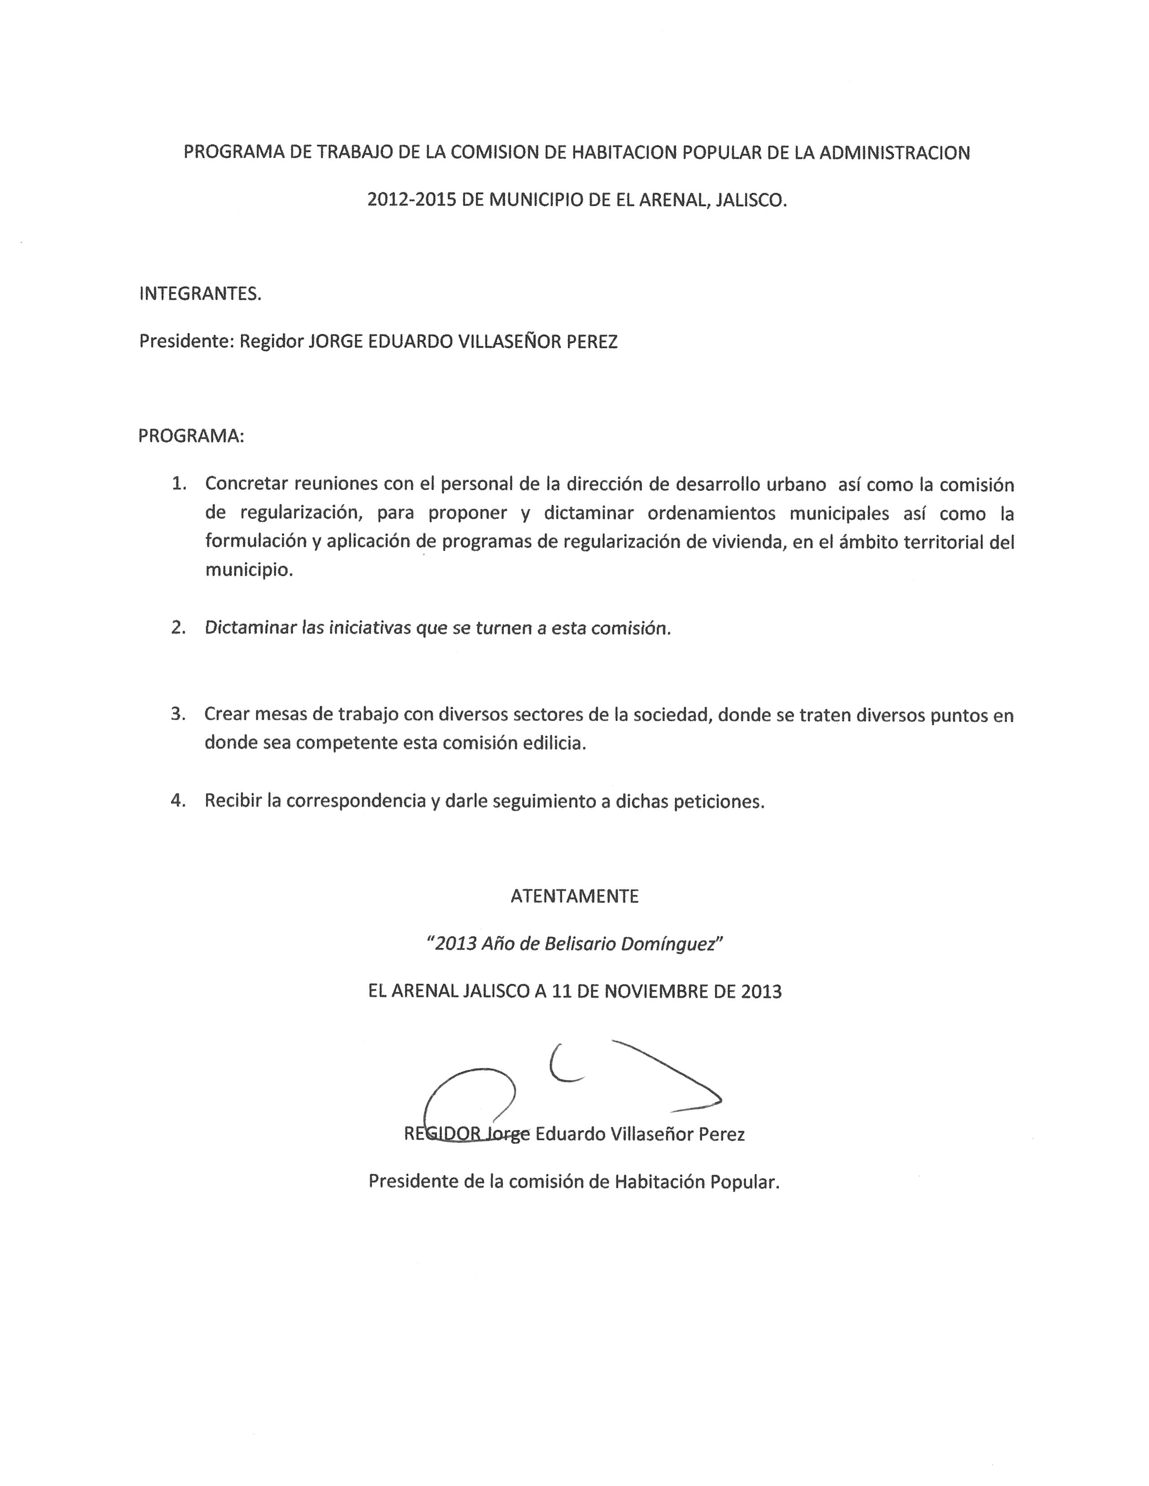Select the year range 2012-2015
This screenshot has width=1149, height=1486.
click(411, 200)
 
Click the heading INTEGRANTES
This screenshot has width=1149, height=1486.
click(200, 294)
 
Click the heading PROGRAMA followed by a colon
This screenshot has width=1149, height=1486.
click(191, 436)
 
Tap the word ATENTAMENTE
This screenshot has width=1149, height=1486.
click(574, 896)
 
